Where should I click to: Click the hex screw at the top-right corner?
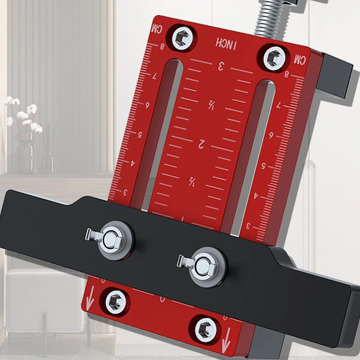click(273, 58)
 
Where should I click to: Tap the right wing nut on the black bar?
click(203, 266)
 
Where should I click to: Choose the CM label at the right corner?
click(299, 60)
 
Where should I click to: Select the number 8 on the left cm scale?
click(162, 46)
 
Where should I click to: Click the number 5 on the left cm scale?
click(140, 133)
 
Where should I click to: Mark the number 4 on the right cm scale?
click(256, 196)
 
